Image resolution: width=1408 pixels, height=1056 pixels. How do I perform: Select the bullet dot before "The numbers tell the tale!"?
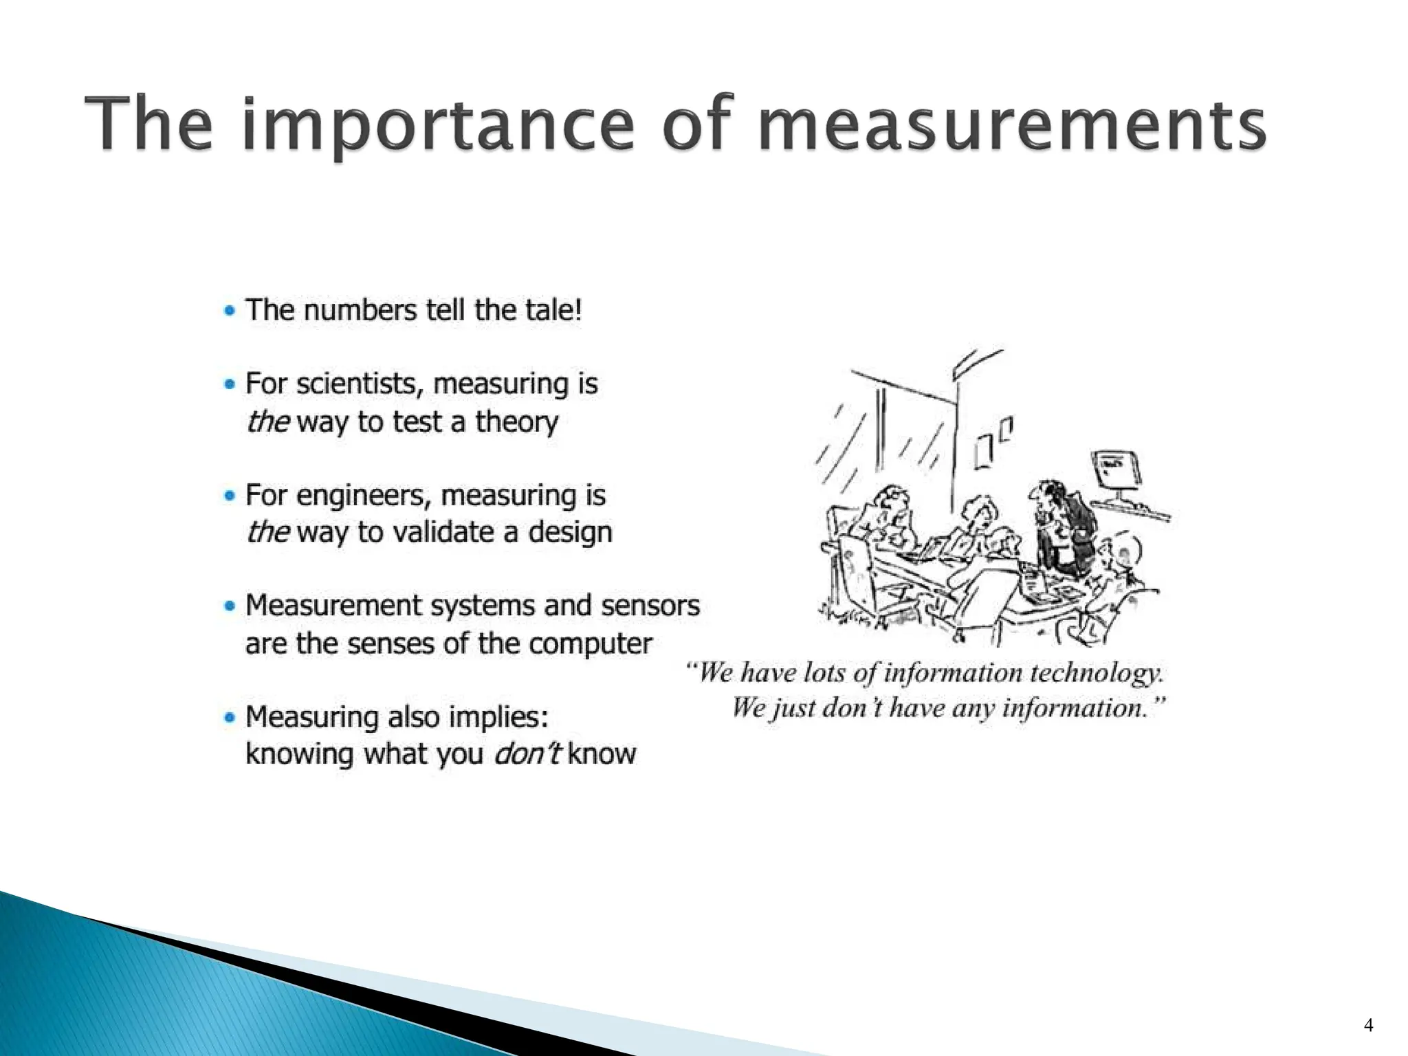(230, 310)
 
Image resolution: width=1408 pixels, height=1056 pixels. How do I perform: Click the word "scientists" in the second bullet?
(357, 384)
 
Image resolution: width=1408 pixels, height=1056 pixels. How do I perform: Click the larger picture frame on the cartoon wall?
(983, 452)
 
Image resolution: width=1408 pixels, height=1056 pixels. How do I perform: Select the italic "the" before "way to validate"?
(267, 532)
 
